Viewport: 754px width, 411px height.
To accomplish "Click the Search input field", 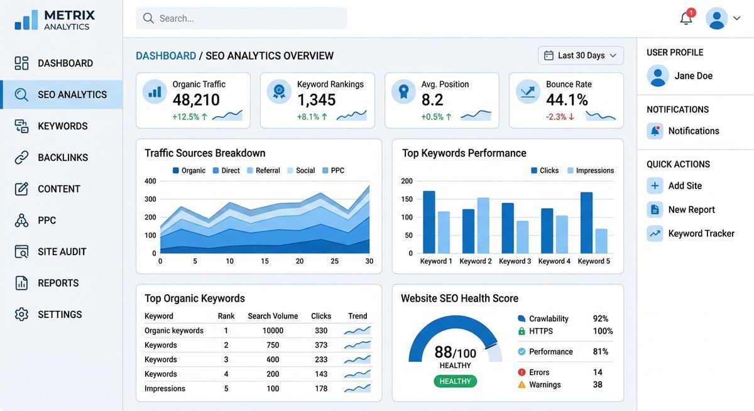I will (x=241, y=18).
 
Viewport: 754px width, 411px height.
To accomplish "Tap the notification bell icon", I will (x=686, y=18).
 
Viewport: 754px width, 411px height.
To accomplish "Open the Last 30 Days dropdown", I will (x=580, y=55).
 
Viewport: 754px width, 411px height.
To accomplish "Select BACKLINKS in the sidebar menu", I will (x=62, y=158).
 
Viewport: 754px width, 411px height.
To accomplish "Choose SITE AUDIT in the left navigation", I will (x=62, y=252).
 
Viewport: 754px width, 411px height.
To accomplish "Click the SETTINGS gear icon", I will (x=22, y=315).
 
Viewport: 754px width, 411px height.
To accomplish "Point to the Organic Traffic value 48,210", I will (x=196, y=100).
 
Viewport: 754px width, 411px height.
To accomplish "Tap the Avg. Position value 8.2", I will (x=432, y=100).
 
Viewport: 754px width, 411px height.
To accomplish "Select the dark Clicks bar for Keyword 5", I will (x=586, y=222).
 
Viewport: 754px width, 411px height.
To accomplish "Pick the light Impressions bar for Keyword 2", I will (x=483, y=225).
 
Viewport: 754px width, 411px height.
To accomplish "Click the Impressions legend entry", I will (x=590, y=170).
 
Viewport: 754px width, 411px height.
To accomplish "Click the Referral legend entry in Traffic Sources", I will (x=263, y=170).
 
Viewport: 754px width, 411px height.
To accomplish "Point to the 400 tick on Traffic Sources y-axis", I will (x=150, y=181).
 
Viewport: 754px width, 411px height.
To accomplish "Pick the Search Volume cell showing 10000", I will (x=273, y=331).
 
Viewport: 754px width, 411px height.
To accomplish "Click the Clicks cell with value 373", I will (x=321, y=345).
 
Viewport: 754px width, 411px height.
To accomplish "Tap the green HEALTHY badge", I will (x=455, y=381).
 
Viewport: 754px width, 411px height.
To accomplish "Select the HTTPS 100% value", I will (x=603, y=331).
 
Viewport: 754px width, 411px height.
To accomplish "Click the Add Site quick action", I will (x=684, y=186).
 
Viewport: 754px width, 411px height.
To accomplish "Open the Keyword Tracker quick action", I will (x=701, y=234).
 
